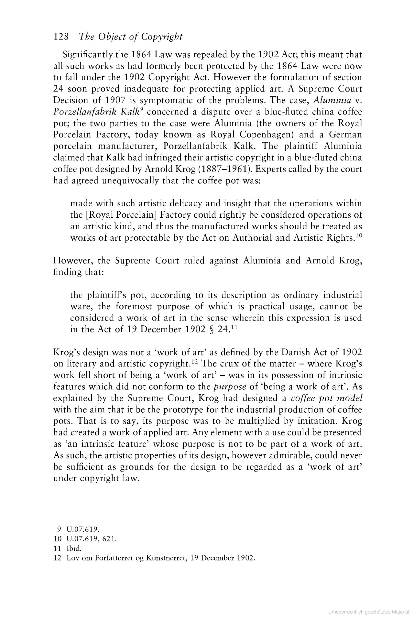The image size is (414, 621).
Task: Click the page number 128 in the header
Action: pos(61,37)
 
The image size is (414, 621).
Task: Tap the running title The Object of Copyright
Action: pos(131,37)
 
